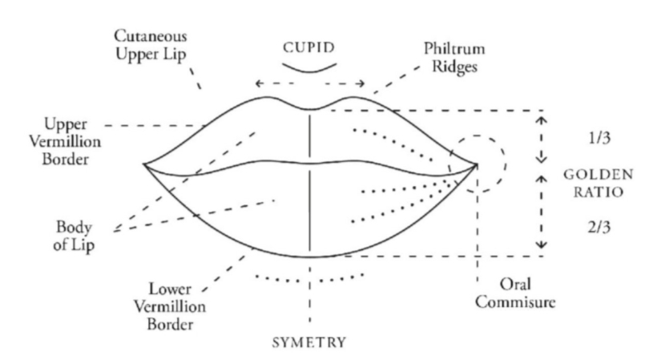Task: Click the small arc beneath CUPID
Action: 309,71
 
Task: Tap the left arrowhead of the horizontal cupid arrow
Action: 257,83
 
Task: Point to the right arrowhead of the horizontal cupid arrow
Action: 364,83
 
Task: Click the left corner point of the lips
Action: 144,165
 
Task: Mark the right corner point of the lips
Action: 478,165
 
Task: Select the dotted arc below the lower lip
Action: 309,283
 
